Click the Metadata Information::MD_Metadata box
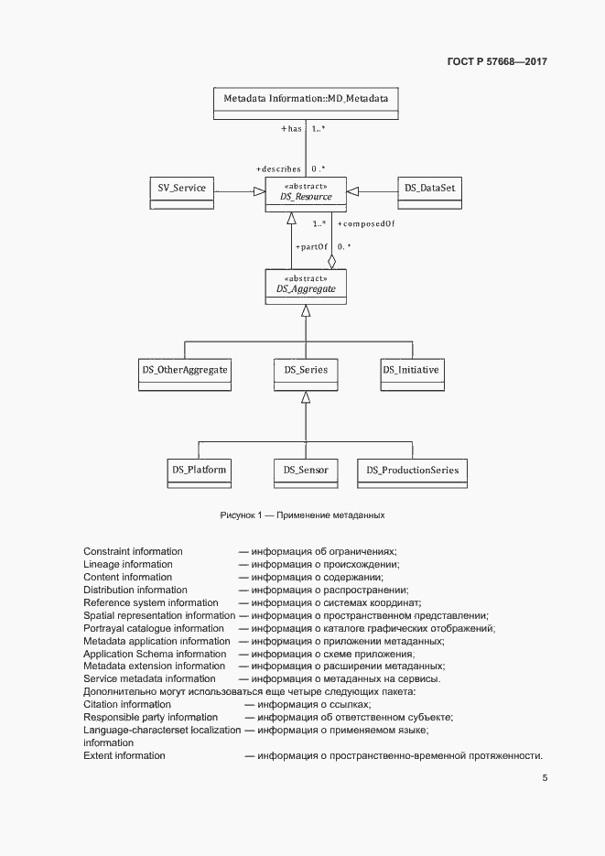pos(307,102)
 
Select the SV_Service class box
pos(181,190)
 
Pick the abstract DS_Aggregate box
pos(307,287)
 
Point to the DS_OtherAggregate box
pos(184,372)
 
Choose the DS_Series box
pos(307,372)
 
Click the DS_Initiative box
pos(411,372)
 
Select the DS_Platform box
pos(199,472)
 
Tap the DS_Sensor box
pos(307,472)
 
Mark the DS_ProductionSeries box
pos(412,472)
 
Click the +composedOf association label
pos(366,223)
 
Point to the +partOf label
pos(311,247)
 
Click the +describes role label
pos(279,169)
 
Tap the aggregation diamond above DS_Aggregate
pos(331,262)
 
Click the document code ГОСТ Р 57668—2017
pos(496,61)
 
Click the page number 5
pos(545,778)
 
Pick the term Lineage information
pos(128,565)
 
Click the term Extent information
pos(124,756)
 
